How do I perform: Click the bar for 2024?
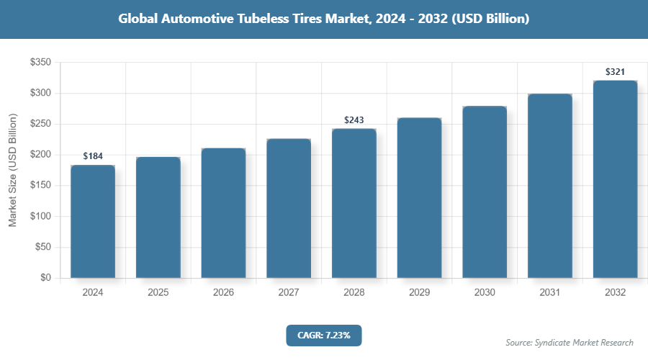[93, 222]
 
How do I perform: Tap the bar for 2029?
[419, 198]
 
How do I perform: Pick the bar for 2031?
[550, 186]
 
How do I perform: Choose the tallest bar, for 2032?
[615, 179]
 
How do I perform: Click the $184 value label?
[93, 156]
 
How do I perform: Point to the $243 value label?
[354, 120]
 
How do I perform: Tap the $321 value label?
[615, 71]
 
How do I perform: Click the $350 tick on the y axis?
[40, 63]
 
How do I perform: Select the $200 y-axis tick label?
[40, 155]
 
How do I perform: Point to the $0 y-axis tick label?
[45, 278]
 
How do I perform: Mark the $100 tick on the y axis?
[40, 216]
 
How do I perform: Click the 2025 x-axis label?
[158, 293]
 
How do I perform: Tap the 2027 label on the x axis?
[289, 293]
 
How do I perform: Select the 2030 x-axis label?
[485, 293]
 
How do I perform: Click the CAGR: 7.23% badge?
[323, 335]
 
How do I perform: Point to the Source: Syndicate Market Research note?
[570, 342]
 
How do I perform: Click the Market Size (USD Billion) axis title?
[12, 170]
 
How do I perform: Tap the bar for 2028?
[354, 204]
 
